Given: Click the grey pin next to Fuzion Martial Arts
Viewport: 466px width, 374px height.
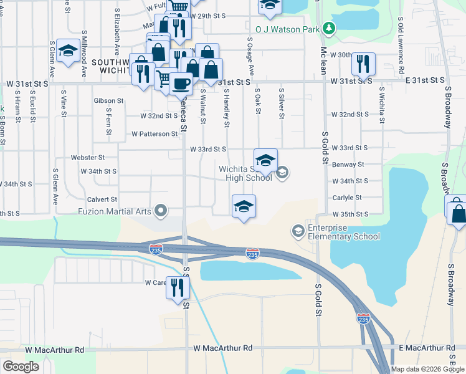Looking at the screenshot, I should [162, 211].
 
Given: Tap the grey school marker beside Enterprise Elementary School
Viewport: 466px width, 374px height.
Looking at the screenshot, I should [298, 232].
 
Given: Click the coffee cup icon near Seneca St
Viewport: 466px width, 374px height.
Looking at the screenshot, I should [181, 83].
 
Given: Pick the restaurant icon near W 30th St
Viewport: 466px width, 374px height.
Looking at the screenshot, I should [363, 63].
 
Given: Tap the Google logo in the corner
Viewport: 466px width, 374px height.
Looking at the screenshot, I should [21, 367].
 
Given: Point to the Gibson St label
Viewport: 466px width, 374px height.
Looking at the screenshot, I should [108, 100].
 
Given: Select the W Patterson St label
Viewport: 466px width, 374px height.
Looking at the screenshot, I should [155, 134].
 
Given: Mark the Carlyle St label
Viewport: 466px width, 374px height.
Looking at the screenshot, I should [347, 198].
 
